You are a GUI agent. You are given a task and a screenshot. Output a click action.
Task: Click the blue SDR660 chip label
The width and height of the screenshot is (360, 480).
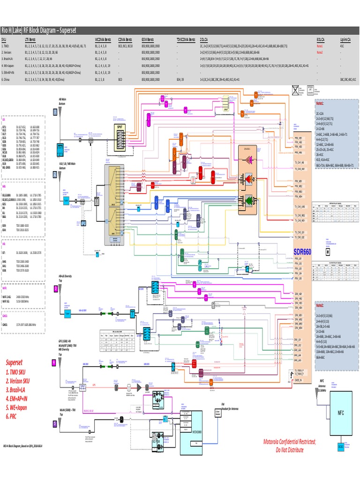[x=303, y=252]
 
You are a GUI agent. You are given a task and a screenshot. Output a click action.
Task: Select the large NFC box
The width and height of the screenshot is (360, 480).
[x=340, y=413]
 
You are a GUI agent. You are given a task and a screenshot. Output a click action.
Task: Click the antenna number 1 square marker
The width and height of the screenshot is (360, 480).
[x=55, y=112]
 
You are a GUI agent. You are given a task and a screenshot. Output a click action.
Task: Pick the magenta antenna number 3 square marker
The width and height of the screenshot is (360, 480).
[x=55, y=289]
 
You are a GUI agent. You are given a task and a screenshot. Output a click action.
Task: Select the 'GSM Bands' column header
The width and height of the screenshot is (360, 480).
[x=149, y=41]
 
